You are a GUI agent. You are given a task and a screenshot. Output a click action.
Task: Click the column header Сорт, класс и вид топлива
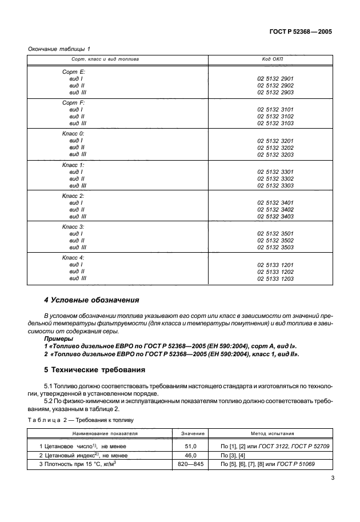point(105,59)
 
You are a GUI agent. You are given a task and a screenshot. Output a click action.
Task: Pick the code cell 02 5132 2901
point(275,78)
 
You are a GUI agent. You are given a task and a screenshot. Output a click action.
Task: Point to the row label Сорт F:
point(73,102)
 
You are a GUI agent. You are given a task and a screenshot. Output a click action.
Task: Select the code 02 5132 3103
point(275,123)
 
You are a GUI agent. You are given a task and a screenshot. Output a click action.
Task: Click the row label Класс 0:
point(73,133)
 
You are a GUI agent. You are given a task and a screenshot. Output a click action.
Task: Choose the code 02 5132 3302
point(275,178)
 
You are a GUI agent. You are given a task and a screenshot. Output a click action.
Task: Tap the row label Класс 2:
point(73,196)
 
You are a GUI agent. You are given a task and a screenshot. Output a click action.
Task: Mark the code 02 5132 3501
point(275,233)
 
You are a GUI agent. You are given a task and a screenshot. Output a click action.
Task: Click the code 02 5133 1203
point(275,278)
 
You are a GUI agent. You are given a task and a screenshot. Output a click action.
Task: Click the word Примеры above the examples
point(59,339)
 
